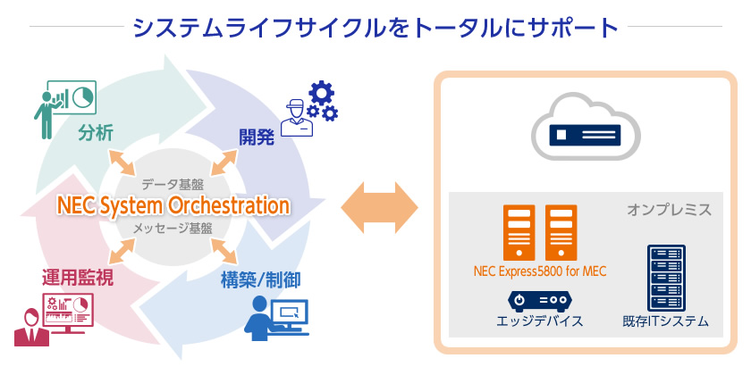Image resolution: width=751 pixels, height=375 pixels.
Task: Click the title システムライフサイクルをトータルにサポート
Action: click(x=375, y=27)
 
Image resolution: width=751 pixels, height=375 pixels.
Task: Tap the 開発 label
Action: click(x=257, y=137)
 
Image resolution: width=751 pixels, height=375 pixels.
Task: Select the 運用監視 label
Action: click(x=77, y=278)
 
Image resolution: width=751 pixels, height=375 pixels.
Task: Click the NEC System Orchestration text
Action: click(x=173, y=205)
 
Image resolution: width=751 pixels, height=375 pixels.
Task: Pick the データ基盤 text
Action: click(x=173, y=185)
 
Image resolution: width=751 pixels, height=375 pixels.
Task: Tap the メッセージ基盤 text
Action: click(x=173, y=228)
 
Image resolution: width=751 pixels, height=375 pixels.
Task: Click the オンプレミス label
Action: click(x=669, y=210)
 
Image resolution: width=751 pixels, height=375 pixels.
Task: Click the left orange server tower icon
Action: click(x=519, y=231)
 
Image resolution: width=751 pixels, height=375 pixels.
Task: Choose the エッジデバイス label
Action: click(x=539, y=321)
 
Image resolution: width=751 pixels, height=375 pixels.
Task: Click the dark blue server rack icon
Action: click(x=665, y=275)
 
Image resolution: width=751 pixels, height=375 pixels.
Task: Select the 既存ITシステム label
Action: click(x=666, y=321)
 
